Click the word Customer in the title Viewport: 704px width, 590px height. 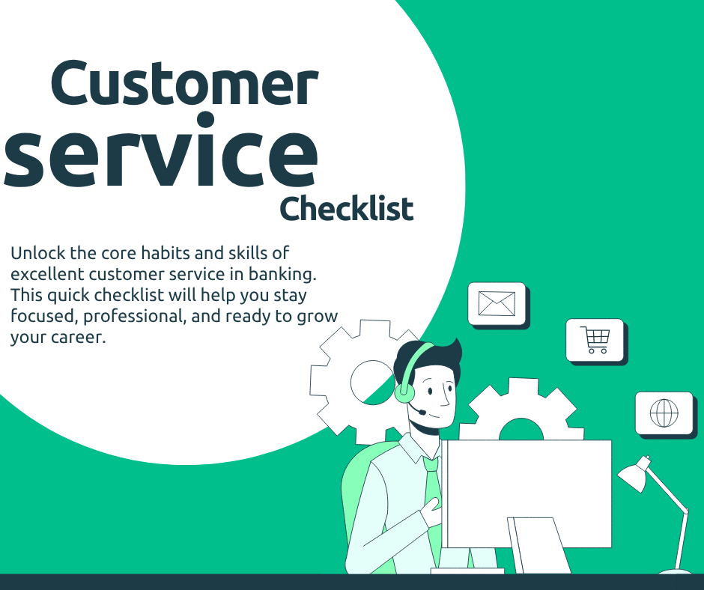(x=184, y=83)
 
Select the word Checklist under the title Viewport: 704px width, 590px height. (x=346, y=209)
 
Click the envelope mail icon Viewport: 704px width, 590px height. (x=497, y=303)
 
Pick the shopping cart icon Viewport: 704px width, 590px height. (x=595, y=340)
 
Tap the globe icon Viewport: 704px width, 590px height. (x=664, y=413)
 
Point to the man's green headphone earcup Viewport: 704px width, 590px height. (x=404, y=392)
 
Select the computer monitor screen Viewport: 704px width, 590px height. (x=527, y=494)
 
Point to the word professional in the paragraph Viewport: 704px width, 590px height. (x=135, y=317)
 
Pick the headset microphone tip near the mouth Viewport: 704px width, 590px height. (x=422, y=411)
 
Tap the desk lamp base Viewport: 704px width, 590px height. (x=675, y=571)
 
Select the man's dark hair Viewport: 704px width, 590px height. (x=427, y=357)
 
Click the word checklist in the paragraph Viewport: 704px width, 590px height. (x=129, y=295)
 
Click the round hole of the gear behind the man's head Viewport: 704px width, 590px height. (x=372, y=382)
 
